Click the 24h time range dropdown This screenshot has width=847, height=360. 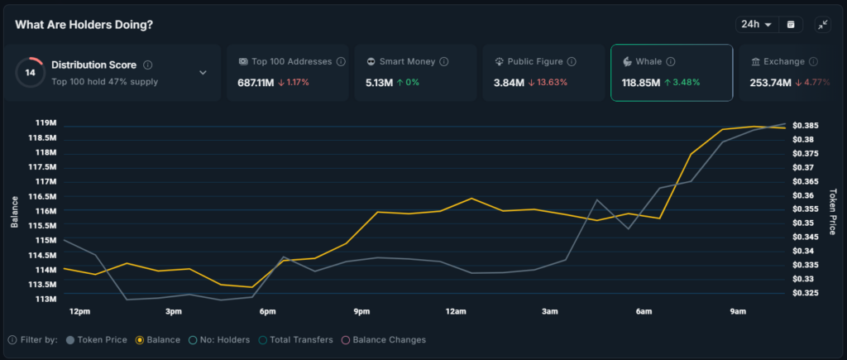(756, 25)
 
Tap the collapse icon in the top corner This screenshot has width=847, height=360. (822, 25)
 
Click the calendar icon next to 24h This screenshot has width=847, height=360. (790, 25)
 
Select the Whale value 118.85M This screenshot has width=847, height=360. (641, 83)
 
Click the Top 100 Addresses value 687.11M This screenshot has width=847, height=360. (256, 83)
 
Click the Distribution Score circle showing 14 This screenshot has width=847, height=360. (31, 73)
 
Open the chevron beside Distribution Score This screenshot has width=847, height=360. (203, 73)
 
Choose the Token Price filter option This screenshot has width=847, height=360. (97, 339)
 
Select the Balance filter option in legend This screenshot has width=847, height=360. (158, 339)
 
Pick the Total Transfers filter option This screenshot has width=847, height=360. (296, 339)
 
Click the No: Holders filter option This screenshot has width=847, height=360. (219, 339)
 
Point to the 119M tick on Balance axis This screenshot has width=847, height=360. (45, 122)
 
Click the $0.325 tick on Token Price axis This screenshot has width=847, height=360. (806, 293)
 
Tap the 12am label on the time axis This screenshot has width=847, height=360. (456, 311)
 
